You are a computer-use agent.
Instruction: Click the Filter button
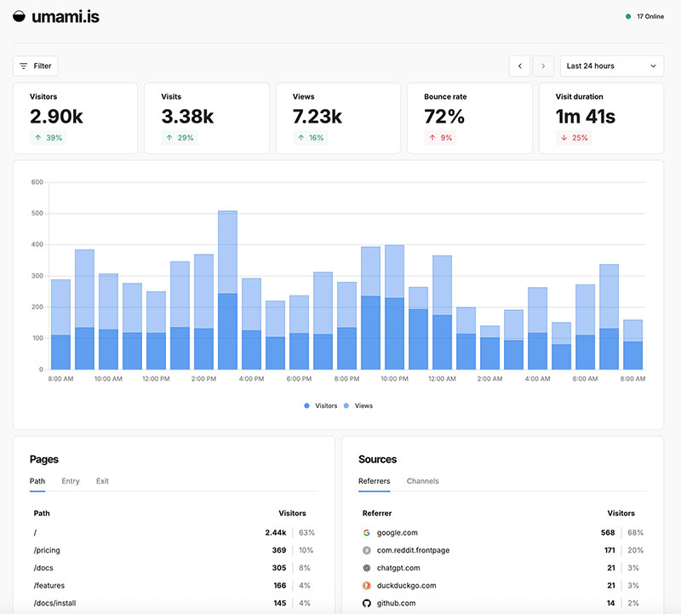tap(35, 66)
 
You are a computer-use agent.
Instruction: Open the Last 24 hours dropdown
tap(611, 66)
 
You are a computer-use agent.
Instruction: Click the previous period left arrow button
tap(519, 66)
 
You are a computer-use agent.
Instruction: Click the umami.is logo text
tap(65, 16)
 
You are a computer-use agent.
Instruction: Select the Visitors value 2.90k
tap(56, 117)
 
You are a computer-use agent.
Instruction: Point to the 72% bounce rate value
tap(444, 117)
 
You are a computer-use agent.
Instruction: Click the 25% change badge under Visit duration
tap(575, 138)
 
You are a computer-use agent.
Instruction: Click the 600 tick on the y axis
tap(37, 182)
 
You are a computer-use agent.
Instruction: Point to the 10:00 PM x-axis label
tap(394, 377)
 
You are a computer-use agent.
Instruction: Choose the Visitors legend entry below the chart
tap(320, 406)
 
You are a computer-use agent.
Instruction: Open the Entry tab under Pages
tap(71, 481)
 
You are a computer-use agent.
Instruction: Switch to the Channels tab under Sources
tap(422, 481)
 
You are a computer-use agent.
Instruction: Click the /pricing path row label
tap(47, 550)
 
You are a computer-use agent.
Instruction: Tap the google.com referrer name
tap(398, 533)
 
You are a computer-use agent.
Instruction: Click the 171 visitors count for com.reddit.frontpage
tap(608, 550)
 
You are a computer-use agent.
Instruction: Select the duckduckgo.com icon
tap(366, 585)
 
